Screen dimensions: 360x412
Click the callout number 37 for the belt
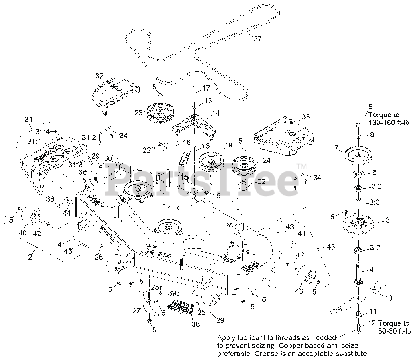point(257,39)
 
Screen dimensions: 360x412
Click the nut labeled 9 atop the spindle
point(358,125)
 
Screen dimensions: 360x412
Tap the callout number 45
point(330,247)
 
